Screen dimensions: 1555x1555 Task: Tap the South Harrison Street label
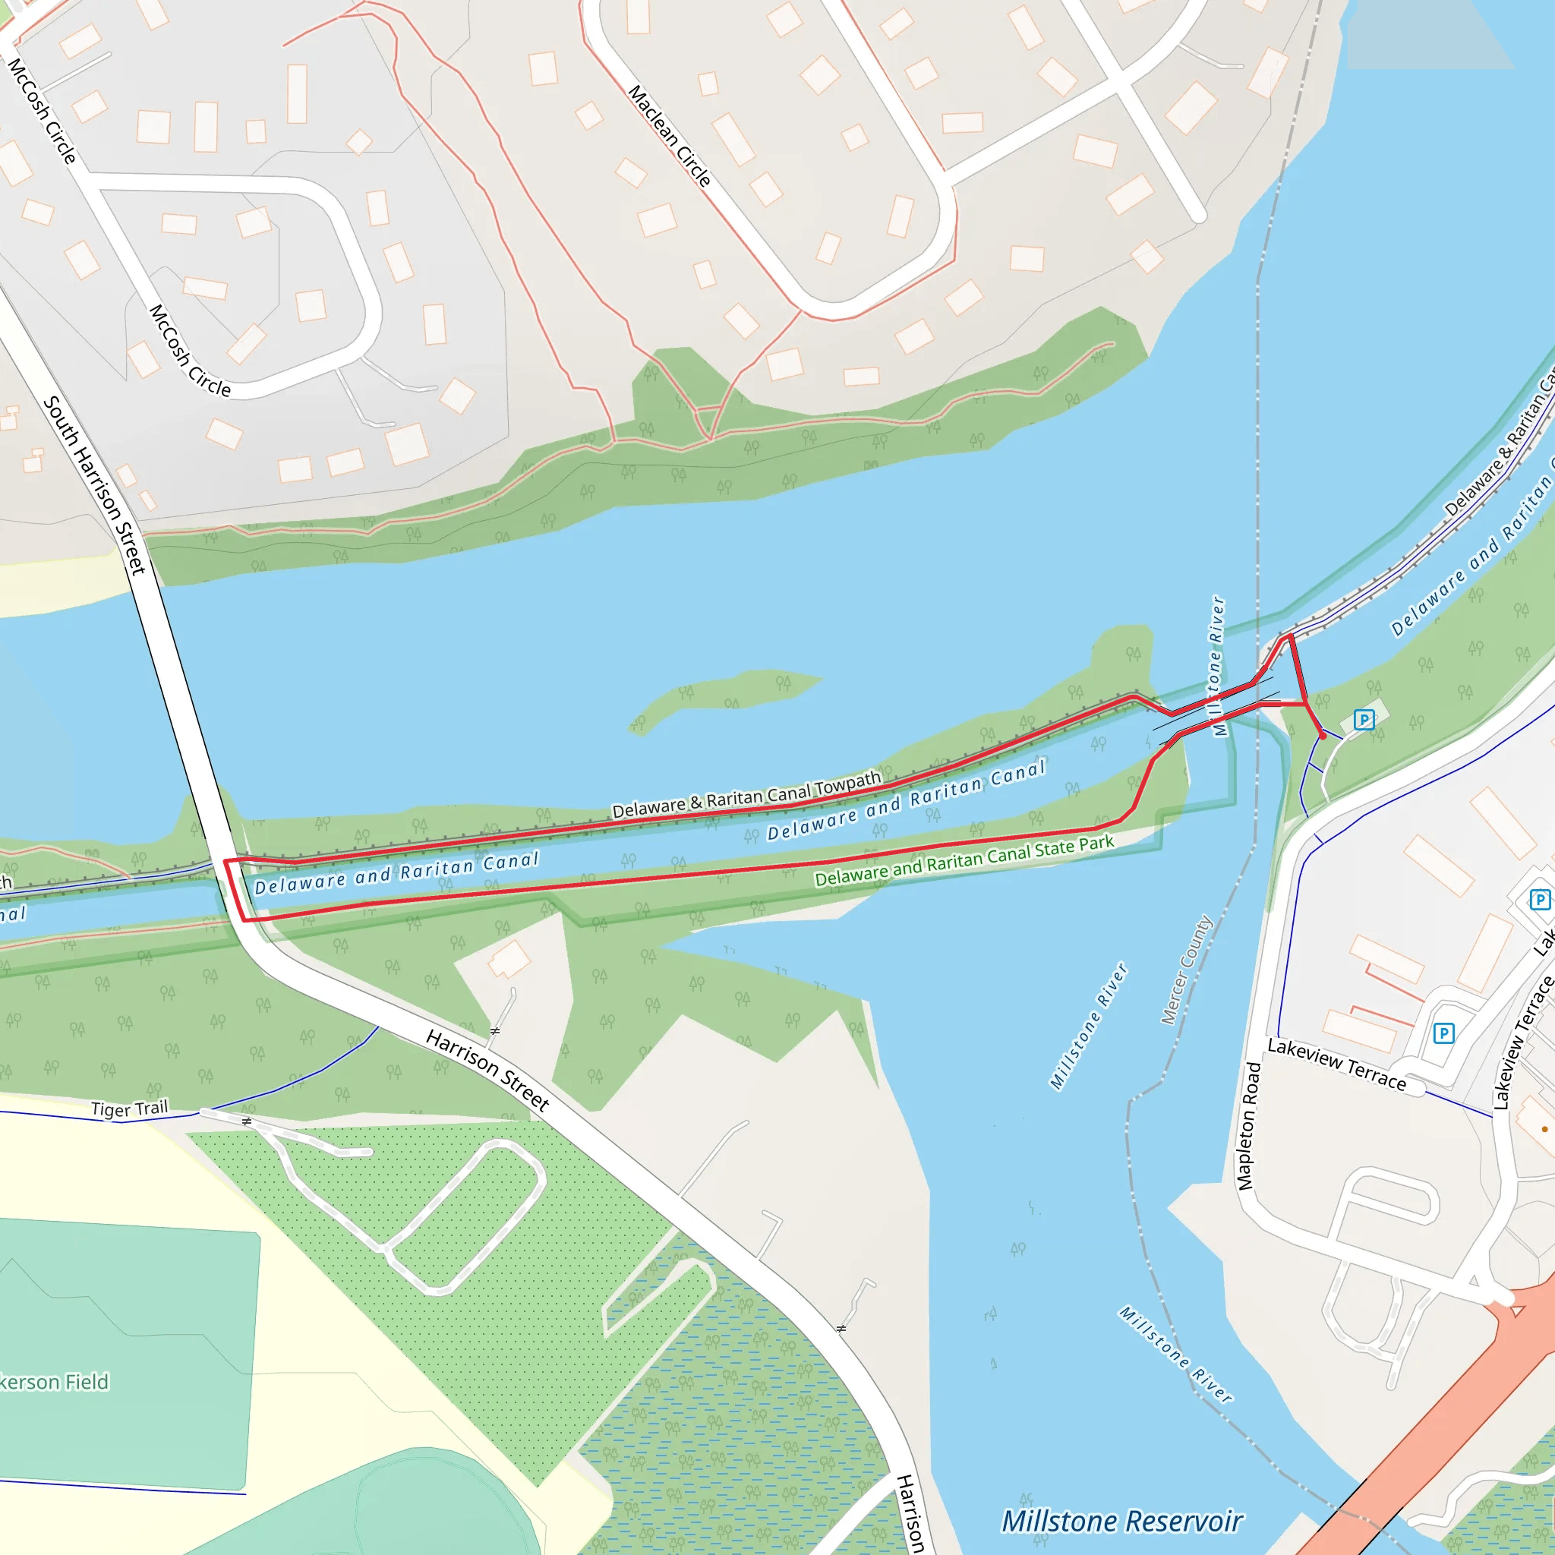94,484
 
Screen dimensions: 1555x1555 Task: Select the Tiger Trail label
130,1109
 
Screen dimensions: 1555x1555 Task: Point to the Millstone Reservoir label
1122,1521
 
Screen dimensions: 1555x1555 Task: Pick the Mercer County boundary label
1187,970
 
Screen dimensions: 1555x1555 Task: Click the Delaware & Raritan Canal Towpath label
747,795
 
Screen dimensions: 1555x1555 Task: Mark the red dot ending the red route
1323,736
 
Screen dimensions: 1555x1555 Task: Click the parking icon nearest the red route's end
1364,719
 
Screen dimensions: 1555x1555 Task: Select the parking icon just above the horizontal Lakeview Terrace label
1444,1033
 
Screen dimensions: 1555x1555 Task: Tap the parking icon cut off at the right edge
1540,899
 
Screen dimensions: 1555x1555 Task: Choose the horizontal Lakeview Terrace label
1337,1064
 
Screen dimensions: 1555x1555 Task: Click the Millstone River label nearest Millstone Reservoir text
1176,1355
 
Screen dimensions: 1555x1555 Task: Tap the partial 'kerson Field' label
54,1382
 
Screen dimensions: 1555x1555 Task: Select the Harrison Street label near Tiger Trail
487,1071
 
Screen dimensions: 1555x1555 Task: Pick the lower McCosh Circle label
190,351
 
